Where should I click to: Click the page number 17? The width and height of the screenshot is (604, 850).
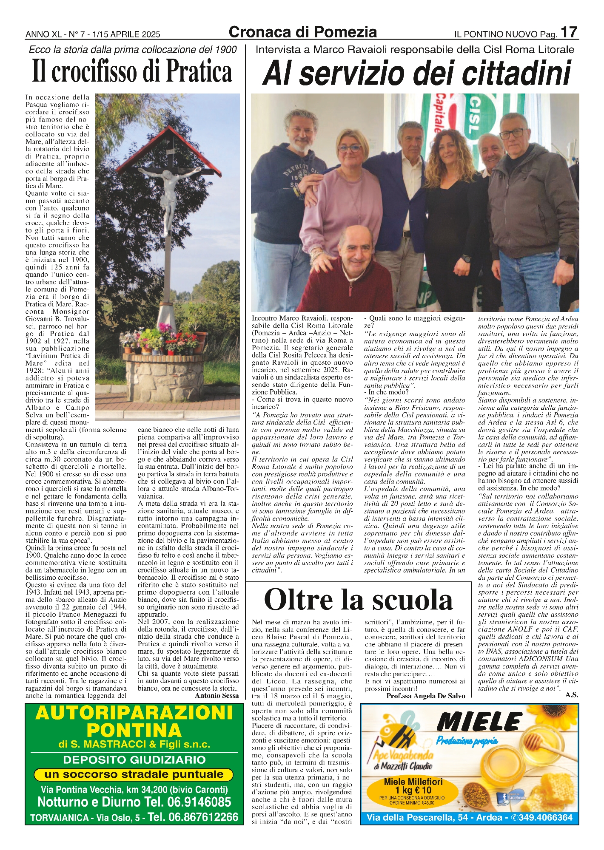[x=569, y=32]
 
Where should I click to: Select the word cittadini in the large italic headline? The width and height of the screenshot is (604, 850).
[x=509, y=74]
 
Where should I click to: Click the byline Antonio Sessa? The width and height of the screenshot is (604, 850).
[x=217, y=695]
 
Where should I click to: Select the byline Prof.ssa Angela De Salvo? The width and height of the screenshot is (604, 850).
[x=425, y=696]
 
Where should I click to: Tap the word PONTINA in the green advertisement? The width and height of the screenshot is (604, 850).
[x=134, y=731]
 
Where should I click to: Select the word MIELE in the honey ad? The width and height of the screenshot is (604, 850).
[x=479, y=722]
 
